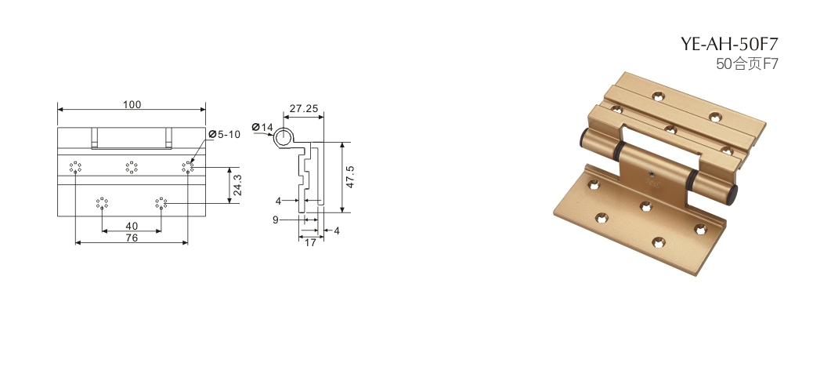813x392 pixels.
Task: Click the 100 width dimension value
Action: click(132, 104)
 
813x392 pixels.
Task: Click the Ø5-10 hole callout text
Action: click(225, 135)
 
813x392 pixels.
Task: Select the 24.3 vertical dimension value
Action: click(237, 184)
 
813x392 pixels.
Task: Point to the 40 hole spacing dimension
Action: click(132, 226)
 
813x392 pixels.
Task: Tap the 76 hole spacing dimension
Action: click(132, 238)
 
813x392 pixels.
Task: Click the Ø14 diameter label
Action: click(262, 127)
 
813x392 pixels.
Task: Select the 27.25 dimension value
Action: click(304, 108)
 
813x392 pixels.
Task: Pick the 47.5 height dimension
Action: click(351, 176)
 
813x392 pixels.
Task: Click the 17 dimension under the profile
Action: click(310, 242)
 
